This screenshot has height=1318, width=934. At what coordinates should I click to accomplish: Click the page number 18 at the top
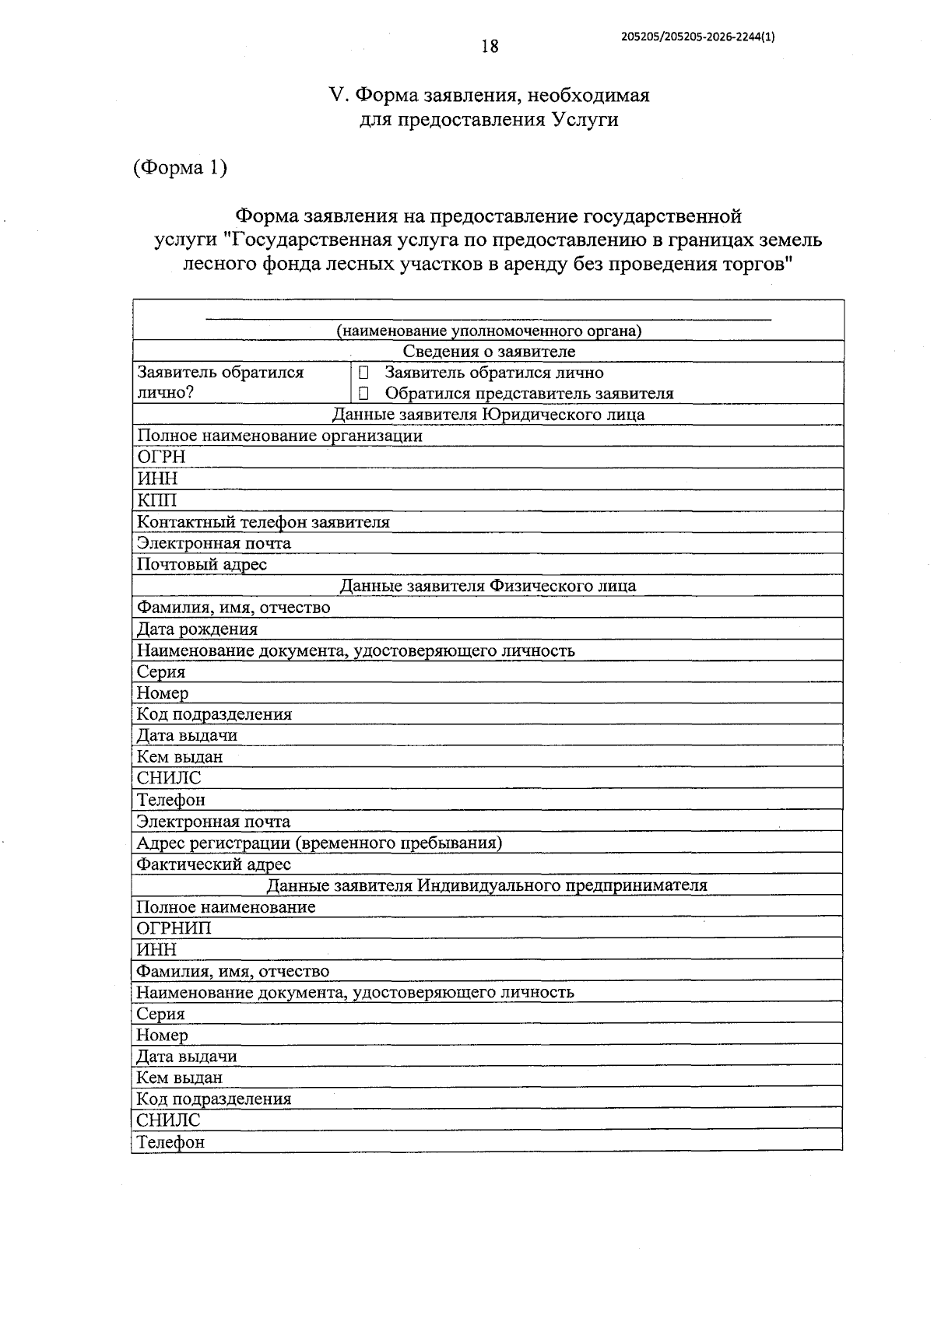(490, 47)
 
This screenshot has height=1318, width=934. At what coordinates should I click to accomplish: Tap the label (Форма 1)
(180, 167)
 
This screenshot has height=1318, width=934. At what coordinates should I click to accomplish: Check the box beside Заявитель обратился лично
(363, 373)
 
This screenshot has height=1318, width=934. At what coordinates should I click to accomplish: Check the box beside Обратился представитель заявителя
(363, 394)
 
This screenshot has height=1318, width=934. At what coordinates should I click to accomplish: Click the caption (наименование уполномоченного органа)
(489, 331)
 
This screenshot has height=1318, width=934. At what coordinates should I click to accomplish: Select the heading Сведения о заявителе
(489, 352)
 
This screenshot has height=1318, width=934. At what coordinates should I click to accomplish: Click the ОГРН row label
(161, 457)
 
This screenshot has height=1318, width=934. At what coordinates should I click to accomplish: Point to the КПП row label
(157, 500)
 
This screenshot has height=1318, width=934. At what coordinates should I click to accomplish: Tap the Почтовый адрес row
(202, 564)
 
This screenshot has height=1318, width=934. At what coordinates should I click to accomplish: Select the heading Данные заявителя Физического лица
(488, 586)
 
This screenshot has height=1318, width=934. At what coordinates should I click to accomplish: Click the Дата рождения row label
(197, 629)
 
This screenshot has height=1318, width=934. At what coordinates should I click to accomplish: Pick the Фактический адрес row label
(213, 864)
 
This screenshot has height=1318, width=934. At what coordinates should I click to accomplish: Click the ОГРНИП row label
(174, 928)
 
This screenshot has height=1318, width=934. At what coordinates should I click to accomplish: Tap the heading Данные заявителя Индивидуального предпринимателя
(487, 885)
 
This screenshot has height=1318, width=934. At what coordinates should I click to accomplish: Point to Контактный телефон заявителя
(263, 522)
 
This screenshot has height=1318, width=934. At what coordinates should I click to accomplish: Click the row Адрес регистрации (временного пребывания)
(319, 843)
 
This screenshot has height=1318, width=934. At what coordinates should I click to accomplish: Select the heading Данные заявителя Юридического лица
(488, 415)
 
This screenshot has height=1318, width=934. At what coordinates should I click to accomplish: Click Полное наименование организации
(279, 436)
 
